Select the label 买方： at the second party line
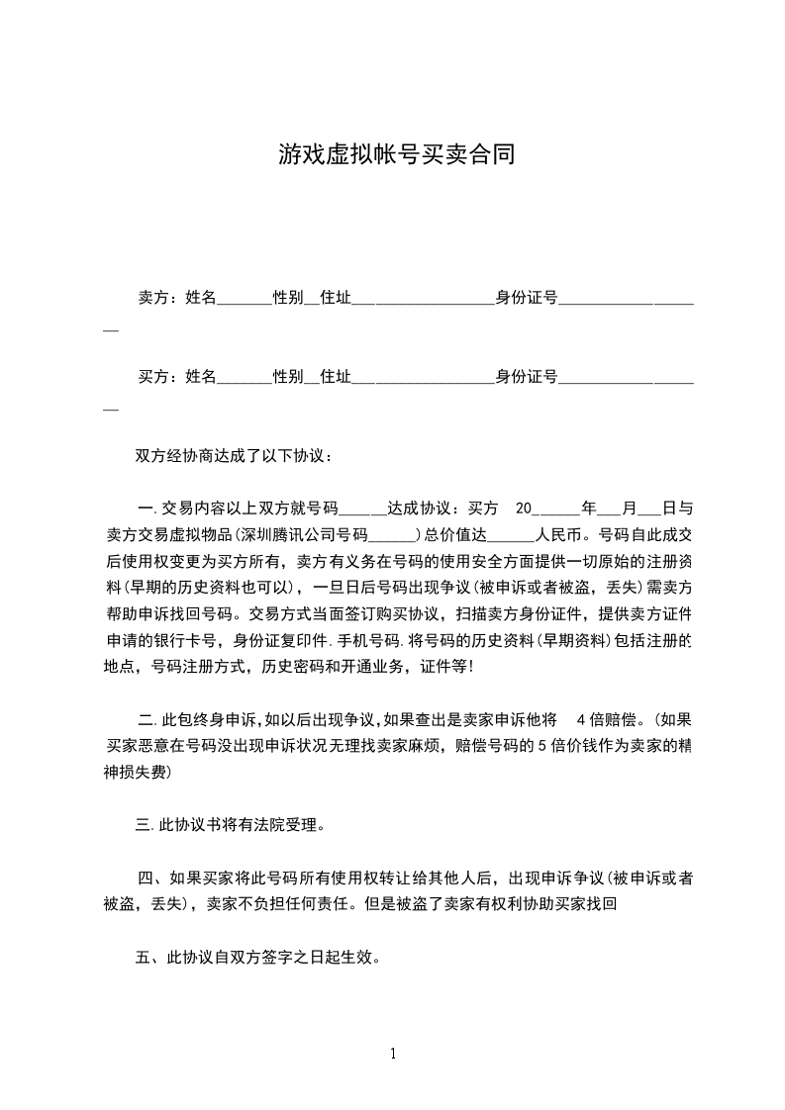(x=159, y=376)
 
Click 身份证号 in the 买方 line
(x=527, y=376)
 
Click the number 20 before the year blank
(x=525, y=509)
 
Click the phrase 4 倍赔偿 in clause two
(x=612, y=718)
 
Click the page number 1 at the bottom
(x=393, y=1053)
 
